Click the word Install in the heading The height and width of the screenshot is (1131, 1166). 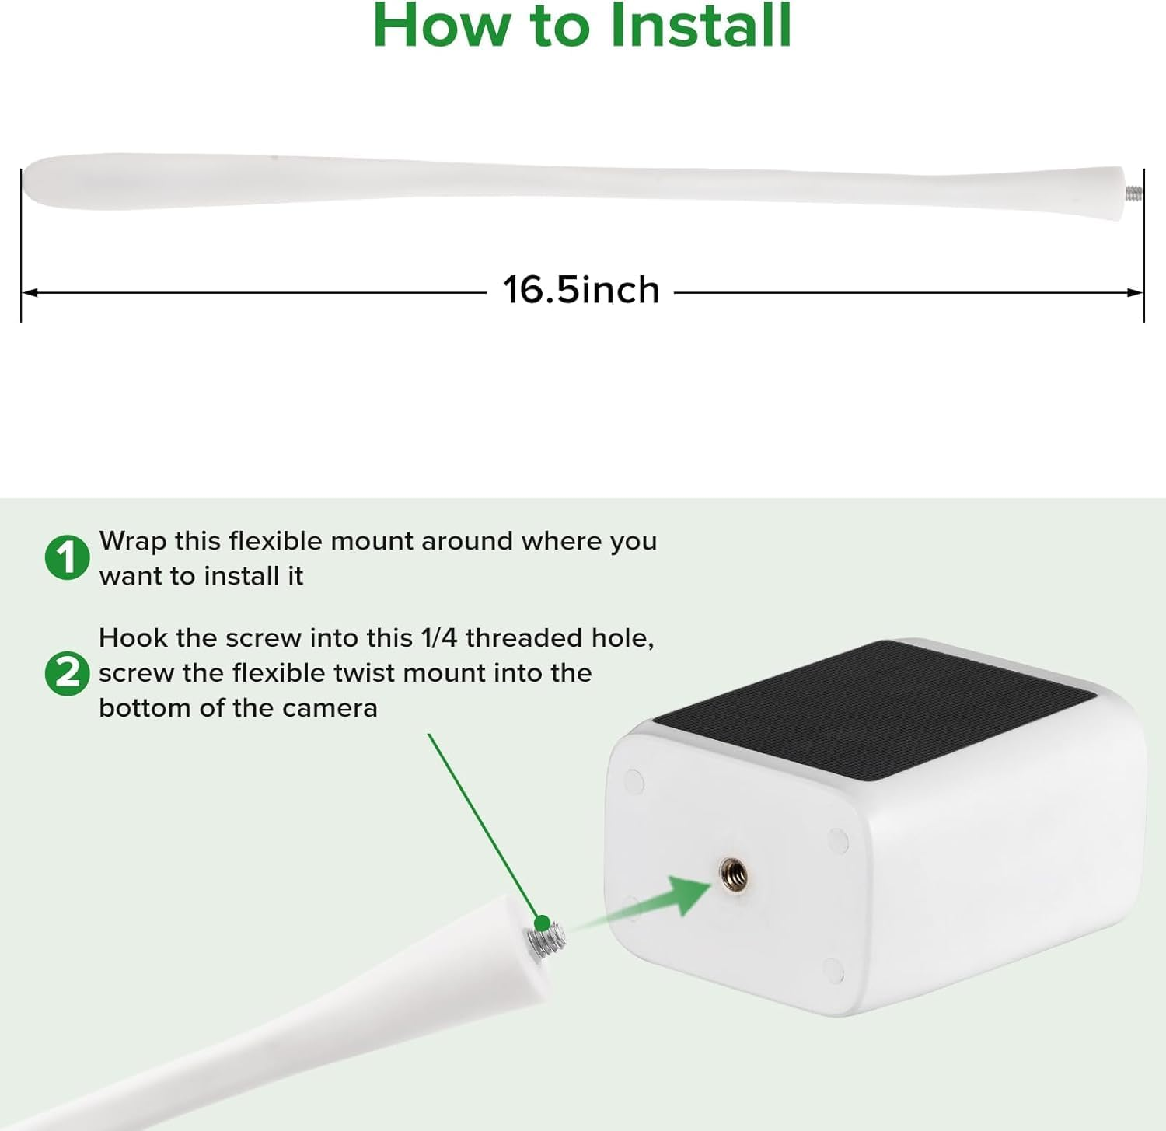[x=700, y=25]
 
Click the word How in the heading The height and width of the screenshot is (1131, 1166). [x=441, y=25]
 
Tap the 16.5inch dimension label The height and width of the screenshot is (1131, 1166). [x=581, y=290]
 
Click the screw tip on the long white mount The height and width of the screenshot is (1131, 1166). [x=1134, y=193]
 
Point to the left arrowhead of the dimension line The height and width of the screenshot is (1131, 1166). [x=30, y=293]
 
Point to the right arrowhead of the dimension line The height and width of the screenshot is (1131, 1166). [x=1135, y=293]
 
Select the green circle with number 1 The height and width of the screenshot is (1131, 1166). [x=67, y=557]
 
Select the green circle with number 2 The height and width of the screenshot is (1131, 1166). [x=67, y=673]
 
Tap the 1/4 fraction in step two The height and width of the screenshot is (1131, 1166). [x=438, y=638]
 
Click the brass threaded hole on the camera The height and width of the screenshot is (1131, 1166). [x=733, y=874]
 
